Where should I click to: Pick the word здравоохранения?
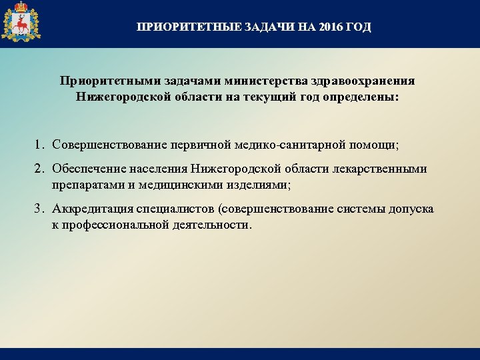[x=361, y=81]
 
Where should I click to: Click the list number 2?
[x=40, y=169]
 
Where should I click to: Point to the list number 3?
[x=40, y=209]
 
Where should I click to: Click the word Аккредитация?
[x=92, y=209]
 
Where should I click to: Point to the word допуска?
[x=411, y=209]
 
